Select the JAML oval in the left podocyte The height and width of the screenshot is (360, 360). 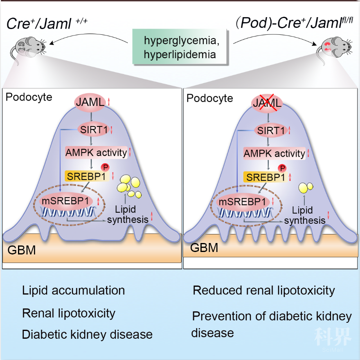click(90, 102)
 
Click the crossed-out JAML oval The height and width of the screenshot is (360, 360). click(267, 103)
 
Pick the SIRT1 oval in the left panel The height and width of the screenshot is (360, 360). click(94, 130)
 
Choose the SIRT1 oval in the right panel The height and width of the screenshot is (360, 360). click(271, 130)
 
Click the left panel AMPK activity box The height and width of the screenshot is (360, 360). click(96, 153)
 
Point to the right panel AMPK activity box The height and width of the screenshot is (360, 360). click(274, 153)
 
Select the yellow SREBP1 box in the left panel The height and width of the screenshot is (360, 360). click(87, 176)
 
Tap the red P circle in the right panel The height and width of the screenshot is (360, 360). click(282, 169)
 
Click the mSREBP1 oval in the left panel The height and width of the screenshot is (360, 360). click(65, 201)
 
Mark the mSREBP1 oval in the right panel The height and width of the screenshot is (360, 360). click(243, 202)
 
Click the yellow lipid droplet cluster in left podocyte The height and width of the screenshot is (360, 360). click(129, 187)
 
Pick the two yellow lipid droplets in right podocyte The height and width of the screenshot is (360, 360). click(306, 188)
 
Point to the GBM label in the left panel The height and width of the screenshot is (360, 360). click(22, 250)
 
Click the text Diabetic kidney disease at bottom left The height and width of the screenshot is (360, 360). click(87, 334)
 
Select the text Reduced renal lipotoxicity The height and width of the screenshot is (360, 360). click(264, 290)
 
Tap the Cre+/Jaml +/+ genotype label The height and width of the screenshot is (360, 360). click(47, 23)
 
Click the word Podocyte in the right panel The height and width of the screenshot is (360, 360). click(209, 98)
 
